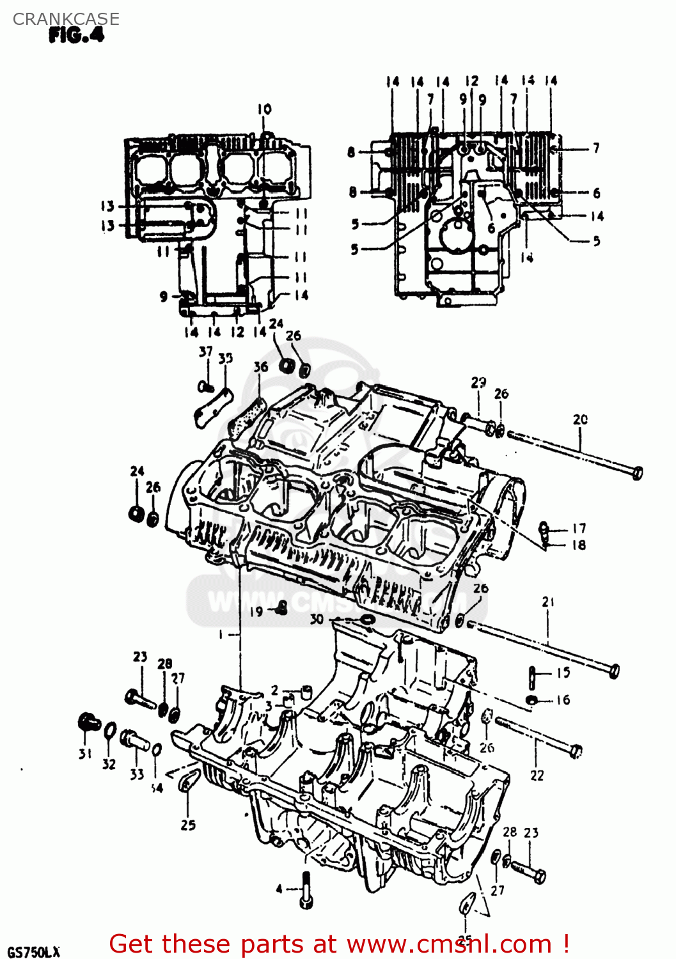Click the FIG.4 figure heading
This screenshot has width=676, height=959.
(x=76, y=36)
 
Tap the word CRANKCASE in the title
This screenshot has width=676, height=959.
(x=66, y=19)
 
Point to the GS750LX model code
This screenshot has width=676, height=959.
(x=34, y=951)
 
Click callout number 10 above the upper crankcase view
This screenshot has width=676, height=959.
(x=264, y=109)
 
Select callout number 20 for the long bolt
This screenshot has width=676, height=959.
(x=580, y=419)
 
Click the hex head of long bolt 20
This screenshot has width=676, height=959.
(x=637, y=472)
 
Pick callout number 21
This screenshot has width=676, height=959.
(x=548, y=602)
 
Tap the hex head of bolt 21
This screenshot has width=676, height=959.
(x=613, y=671)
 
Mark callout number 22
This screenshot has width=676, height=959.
(x=537, y=776)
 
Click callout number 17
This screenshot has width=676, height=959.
(x=579, y=528)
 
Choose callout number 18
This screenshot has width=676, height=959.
(x=579, y=545)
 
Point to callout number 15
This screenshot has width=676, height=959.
(x=563, y=673)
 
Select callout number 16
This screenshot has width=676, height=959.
(x=563, y=699)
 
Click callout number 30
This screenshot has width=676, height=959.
(x=317, y=619)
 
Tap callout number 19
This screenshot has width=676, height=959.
(x=256, y=611)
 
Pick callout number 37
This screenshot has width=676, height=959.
(x=205, y=351)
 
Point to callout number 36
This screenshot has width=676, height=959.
(x=260, y=366)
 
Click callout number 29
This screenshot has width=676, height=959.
(x=478, y=382)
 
